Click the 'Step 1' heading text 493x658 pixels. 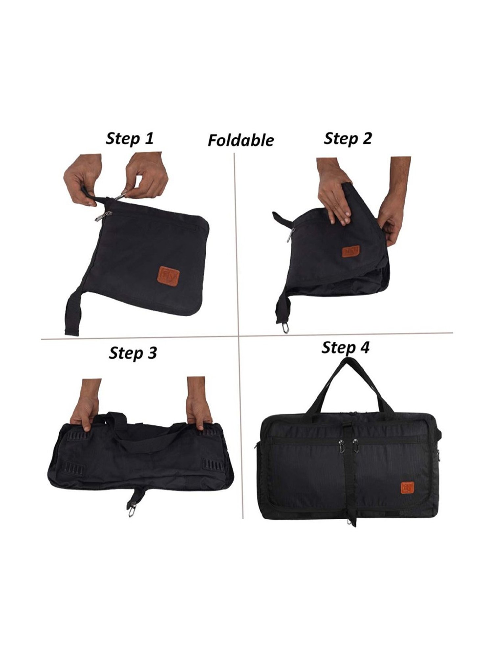[x=129, y=139]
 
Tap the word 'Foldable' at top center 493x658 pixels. [x=241, y=140]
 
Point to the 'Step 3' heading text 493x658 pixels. [x=133, y=353]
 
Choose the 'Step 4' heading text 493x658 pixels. [x=345, y=348]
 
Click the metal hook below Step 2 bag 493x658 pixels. [x=286, y=329]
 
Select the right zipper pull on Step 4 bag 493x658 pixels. [x=356, y=446]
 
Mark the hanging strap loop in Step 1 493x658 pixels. [x=73, y=315]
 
